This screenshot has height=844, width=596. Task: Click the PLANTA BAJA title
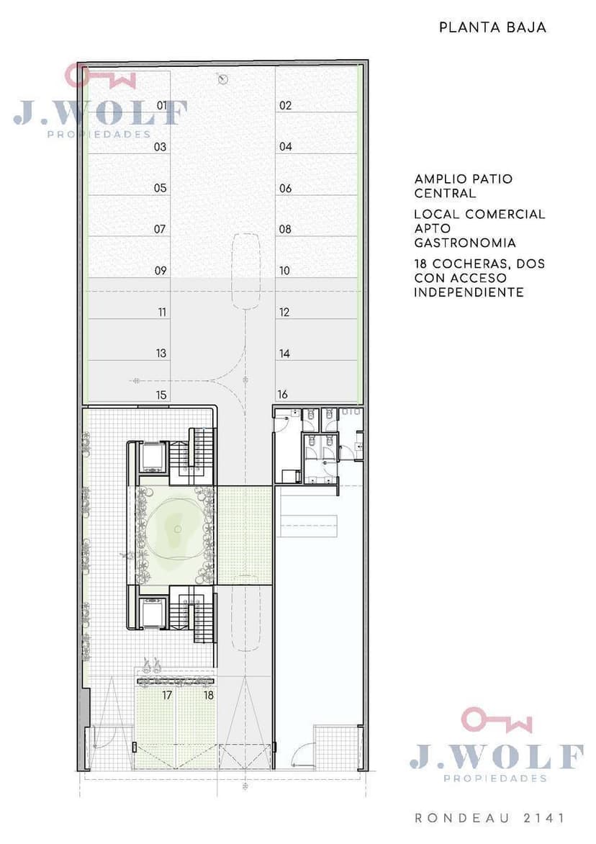[492, 27]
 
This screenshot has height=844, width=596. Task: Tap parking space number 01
[162, 105]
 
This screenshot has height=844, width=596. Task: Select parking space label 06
[286, 189]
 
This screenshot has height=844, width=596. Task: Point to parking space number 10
[284, 271]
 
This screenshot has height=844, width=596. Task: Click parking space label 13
[161, 354]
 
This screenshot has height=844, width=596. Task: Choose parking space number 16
[283, 395]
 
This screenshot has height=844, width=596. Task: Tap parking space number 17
[167, 696]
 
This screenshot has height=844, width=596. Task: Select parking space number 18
[209, 696]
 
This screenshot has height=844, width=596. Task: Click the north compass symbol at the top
[222, 80]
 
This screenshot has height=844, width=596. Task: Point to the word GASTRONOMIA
[465, 243]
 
